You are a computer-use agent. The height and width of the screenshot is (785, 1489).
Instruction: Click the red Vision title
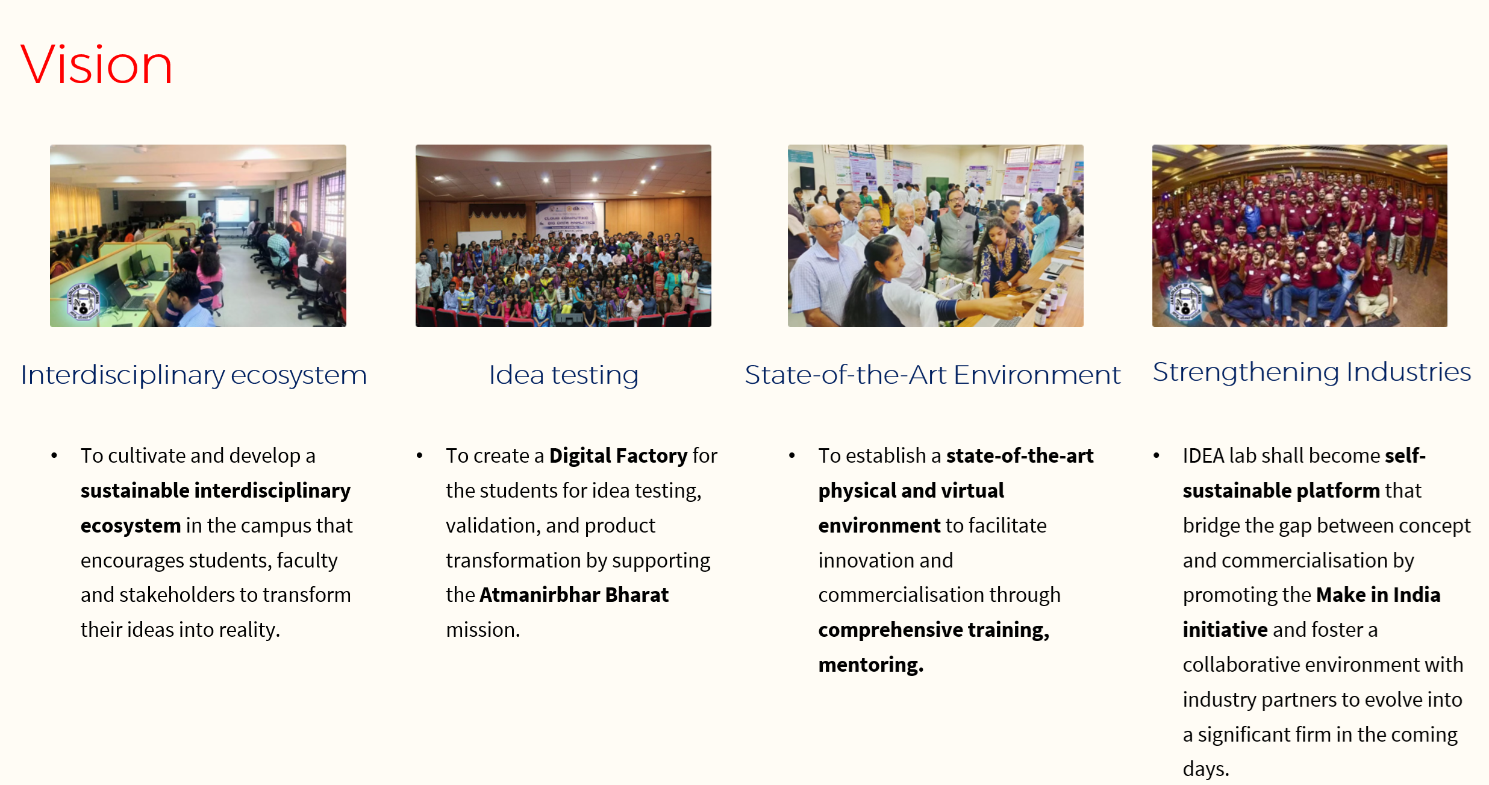point(96,64)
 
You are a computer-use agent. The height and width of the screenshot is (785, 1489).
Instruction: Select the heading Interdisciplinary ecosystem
point(193,375)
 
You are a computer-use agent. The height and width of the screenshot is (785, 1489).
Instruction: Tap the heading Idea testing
point(563,375)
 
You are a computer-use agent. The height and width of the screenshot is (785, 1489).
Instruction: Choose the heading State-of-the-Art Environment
point(932,375)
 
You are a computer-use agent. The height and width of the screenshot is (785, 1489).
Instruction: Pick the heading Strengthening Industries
point(1311,372)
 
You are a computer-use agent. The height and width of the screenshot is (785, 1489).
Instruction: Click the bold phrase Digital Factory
point(618,456)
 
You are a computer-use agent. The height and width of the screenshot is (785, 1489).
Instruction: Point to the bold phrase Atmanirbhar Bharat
point(574,595)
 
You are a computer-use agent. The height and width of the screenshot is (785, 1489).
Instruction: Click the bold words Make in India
point(1378,595)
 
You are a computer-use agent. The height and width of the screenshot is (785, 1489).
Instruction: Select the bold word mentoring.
point(870,665)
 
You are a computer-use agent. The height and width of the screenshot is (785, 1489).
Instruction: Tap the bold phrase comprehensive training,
point(934,630)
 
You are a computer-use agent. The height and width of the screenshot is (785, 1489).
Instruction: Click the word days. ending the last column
point(1206,769)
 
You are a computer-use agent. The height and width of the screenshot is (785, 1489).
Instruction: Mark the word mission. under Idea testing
point(482,630)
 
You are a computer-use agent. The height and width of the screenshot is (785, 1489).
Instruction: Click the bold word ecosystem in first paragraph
point(131,526)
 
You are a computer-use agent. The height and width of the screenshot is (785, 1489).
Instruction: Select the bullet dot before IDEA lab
point(1156,456)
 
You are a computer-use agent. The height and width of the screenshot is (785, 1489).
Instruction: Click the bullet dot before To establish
point(791,456)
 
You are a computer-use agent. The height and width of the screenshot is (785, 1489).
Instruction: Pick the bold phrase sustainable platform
point(1281,491)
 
